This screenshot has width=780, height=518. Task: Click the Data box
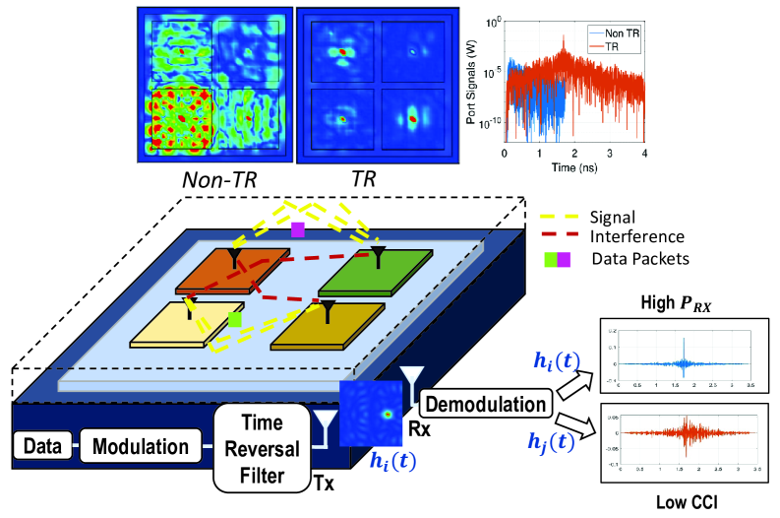39,445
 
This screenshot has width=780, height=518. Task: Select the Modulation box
140,445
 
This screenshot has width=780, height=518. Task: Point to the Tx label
324,482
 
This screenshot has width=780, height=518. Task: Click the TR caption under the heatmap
365,179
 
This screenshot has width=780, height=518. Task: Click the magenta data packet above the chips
298,229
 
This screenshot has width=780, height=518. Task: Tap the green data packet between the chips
234,320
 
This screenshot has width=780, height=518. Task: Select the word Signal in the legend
616,216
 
